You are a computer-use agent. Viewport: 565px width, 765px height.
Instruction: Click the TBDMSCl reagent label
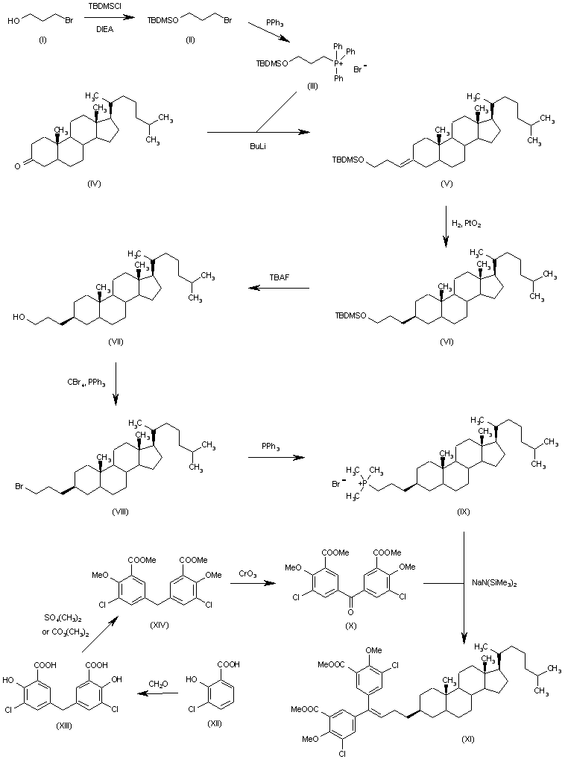pos(104,8)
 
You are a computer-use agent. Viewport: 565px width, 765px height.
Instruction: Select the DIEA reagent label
pos(104,29)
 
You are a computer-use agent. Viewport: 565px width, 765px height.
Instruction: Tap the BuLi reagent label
pos(258,146)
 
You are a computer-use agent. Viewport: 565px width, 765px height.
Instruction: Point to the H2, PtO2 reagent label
pos(467,224)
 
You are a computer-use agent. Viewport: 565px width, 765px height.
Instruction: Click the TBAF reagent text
pos(279,277)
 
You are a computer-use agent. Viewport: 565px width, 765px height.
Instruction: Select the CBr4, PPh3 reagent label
pos(86,383)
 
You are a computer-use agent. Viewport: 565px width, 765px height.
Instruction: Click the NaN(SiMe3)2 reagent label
pos(494,582)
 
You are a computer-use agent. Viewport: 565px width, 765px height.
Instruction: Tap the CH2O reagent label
pos(157,684)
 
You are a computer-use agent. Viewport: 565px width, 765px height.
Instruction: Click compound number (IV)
pos(94,183)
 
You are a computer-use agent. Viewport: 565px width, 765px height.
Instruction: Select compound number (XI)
pos(467,739)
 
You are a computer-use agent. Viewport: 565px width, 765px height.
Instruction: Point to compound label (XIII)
pos(64,725)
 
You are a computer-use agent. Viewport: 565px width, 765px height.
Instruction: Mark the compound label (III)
pos(312,86)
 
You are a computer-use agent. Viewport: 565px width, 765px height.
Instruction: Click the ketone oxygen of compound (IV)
pos(18,166)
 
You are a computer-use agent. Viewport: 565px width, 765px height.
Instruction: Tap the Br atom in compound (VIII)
pos(19,486)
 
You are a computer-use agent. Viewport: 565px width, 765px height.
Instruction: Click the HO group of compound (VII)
pos(19,317)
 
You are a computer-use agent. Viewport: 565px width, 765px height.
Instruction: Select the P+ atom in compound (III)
pos(339,63)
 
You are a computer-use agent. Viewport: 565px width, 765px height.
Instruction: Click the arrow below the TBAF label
pos(279,289)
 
